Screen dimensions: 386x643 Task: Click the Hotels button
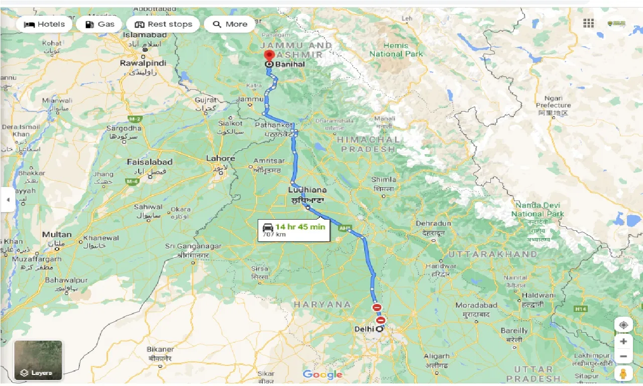(x=44, y=24)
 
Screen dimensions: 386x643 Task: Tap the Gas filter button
(x=99, y=24)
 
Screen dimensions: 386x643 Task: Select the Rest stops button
(x=163, y=24)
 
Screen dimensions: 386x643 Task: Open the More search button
(x=230, y=24)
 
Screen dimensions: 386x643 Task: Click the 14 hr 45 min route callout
(x=294, y=230)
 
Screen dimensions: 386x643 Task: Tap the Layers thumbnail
(x=38, y=360)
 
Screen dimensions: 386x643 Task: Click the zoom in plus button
(x=623, y=341)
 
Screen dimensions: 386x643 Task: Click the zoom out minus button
(x=623, y=357)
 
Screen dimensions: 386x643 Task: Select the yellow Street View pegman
(x=623, y=373)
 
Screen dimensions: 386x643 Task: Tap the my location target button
(x=623, y=325)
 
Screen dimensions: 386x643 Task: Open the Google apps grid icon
(x=588, y=23)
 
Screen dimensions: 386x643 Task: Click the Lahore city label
(x=221, y=159)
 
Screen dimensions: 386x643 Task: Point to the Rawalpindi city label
(x=143, y=63)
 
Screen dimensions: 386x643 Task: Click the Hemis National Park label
(x=396, y=50)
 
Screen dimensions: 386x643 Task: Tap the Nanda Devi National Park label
(x=538, y=210)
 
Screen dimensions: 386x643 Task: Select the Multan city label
(x=57, y=235)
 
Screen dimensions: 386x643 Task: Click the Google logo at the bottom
(x=323, y=374)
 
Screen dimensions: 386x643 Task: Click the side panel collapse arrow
(x=8, y=200)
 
